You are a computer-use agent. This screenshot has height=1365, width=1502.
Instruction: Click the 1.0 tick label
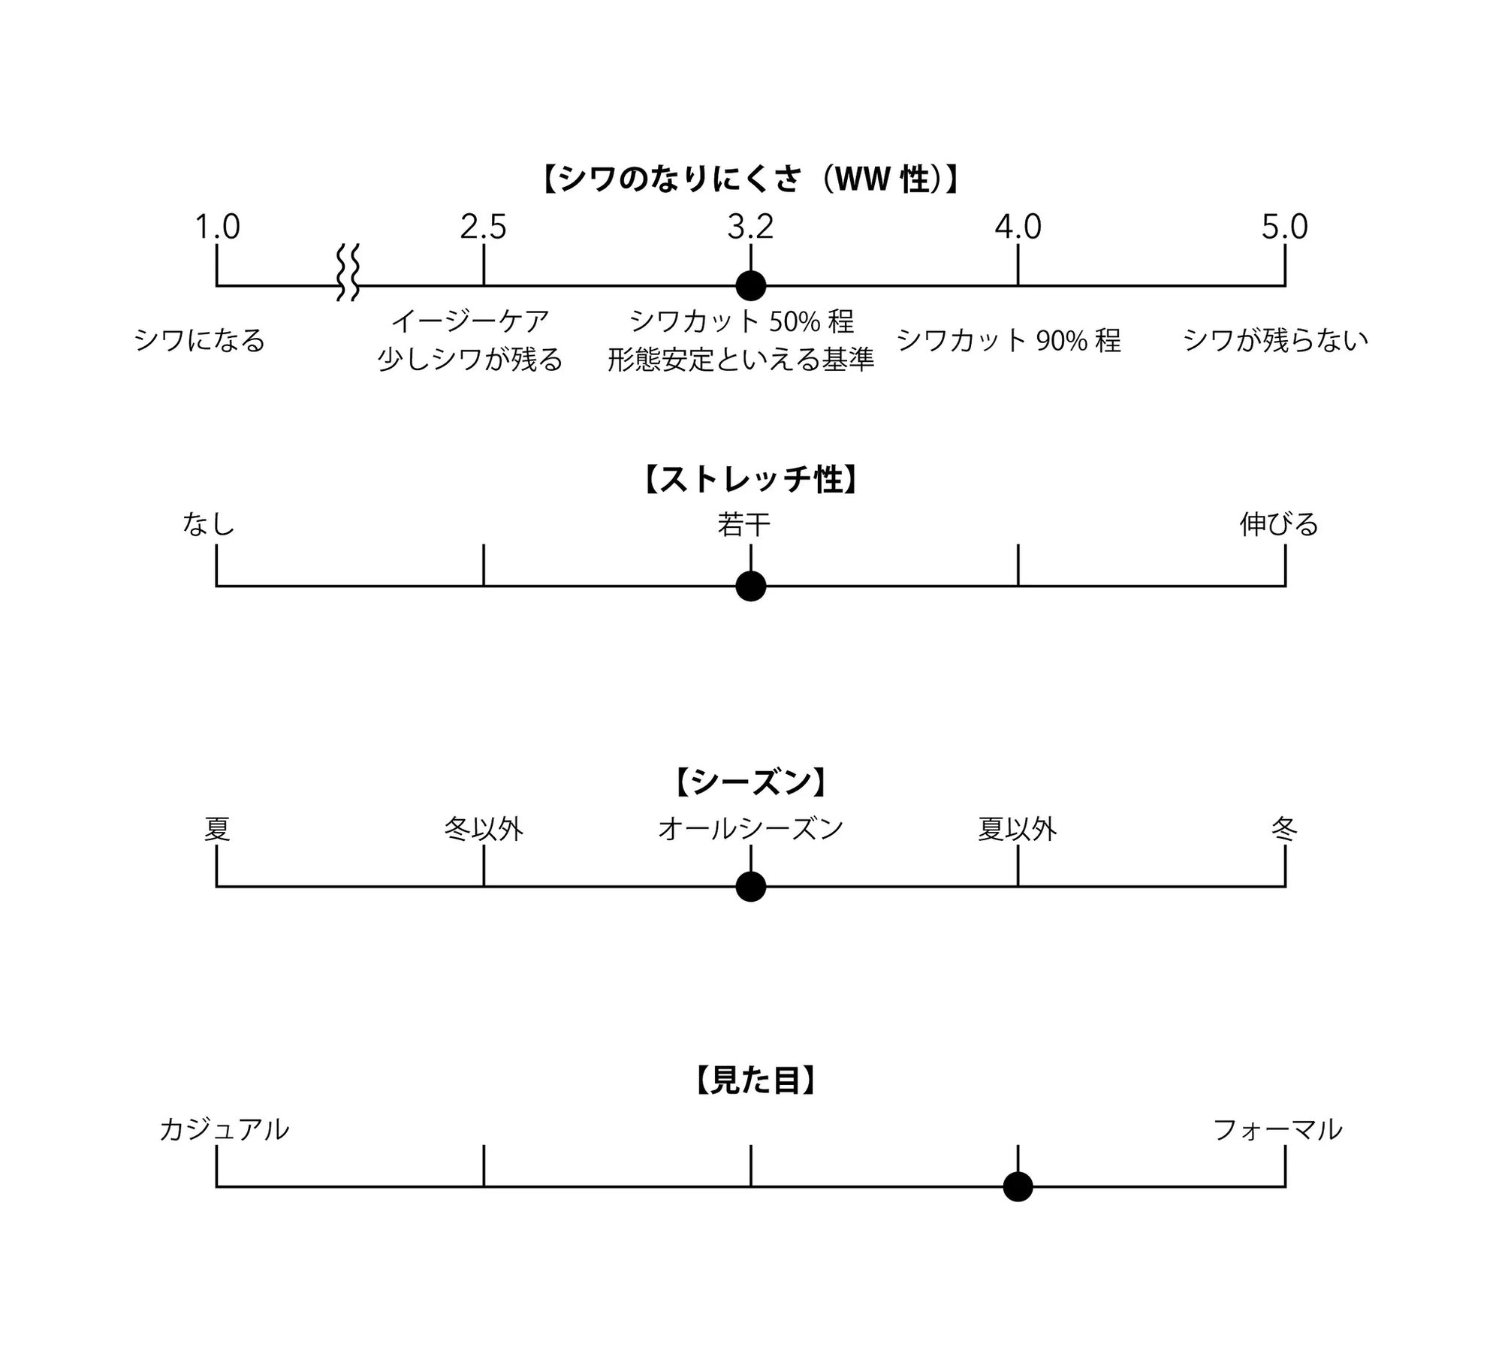pyautogui.click(x=217, y=227)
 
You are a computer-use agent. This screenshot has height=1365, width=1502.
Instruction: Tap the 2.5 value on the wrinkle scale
pyautogui.click(x=483, y=227)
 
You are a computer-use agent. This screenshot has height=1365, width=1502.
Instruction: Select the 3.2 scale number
pyautogui.click(x=750, y=227)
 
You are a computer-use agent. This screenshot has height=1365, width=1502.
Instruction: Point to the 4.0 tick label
pyautogui.click(x=1018, y=227)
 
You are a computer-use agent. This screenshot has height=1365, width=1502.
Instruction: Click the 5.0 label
pyautogui.click(x=1284, y=227)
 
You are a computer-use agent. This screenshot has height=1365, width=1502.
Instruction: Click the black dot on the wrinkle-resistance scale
pyautogui.click(x=750, y=285)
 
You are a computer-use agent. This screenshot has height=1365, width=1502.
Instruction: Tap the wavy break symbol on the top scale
pyautogui.click(x=348, y=272)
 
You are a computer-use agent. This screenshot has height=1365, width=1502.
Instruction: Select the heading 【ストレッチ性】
pyautogui.click(x=750, y=480)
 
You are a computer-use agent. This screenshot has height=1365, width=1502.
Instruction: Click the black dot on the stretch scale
pyautogui.click(x=750, y=586)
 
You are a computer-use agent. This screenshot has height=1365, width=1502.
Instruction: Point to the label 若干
pyautogui.click(x=743, y=524)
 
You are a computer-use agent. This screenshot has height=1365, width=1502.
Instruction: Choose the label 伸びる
pyautogui.click(x=1279, y=524)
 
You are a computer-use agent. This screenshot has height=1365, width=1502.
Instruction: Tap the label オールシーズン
pyautogui.click(x=750, y=829)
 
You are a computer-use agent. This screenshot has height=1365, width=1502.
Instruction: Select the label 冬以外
pyautogui.click(x=483, y=829)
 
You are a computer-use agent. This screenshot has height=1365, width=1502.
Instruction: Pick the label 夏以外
pyautogui.click(x=1018, y=829)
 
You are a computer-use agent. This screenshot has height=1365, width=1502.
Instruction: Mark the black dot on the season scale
pyautogui.click(x=750, y=887)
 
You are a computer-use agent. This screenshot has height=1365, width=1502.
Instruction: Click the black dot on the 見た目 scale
pyautogui.click(x=1018, y=1187)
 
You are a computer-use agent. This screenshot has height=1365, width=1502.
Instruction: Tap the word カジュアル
pyautogui.click(x=224, y=1129)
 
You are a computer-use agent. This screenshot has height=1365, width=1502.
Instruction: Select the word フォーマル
pyautogui.click(x=1277, y=1129)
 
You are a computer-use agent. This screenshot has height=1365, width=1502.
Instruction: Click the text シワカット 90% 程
pyautogui.click(x=1009, y=341)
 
